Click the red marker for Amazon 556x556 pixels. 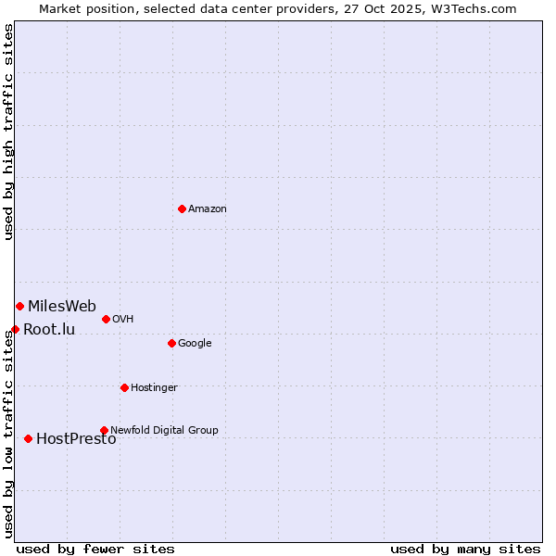pos(182,208)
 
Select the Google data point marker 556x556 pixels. pos(171,343)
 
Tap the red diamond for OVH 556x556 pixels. pos(106,319)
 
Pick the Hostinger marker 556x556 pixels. pos(124,387)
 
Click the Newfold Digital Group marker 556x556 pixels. pos(104,430)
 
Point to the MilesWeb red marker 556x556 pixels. pos(19,306)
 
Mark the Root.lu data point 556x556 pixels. pos(15,329)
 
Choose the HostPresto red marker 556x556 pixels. pos(28,438)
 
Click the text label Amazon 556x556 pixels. pos(207,209)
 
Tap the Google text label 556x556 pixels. pos(195,344)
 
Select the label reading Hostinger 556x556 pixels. pos(154,387)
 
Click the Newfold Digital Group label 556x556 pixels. pos(164,430)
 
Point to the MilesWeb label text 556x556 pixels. pos(61,307)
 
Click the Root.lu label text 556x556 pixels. pos(49,330)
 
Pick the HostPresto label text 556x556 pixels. pos(76,439)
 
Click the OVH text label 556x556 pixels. pos(122,320)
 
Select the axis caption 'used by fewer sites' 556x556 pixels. pos(95,549)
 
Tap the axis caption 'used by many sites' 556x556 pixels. pos(465,549)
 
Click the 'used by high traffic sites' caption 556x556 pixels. pos(8,132)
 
